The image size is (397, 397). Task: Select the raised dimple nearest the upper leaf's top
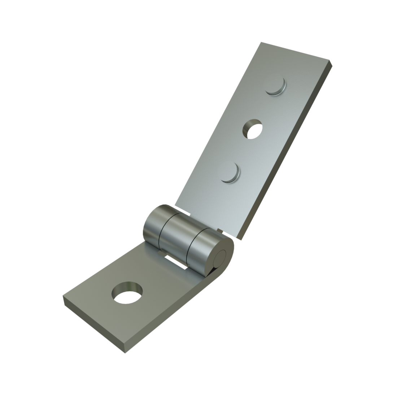(276, 87)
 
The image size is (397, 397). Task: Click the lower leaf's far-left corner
(64, 297)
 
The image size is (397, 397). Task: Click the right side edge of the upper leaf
(285, 152)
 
